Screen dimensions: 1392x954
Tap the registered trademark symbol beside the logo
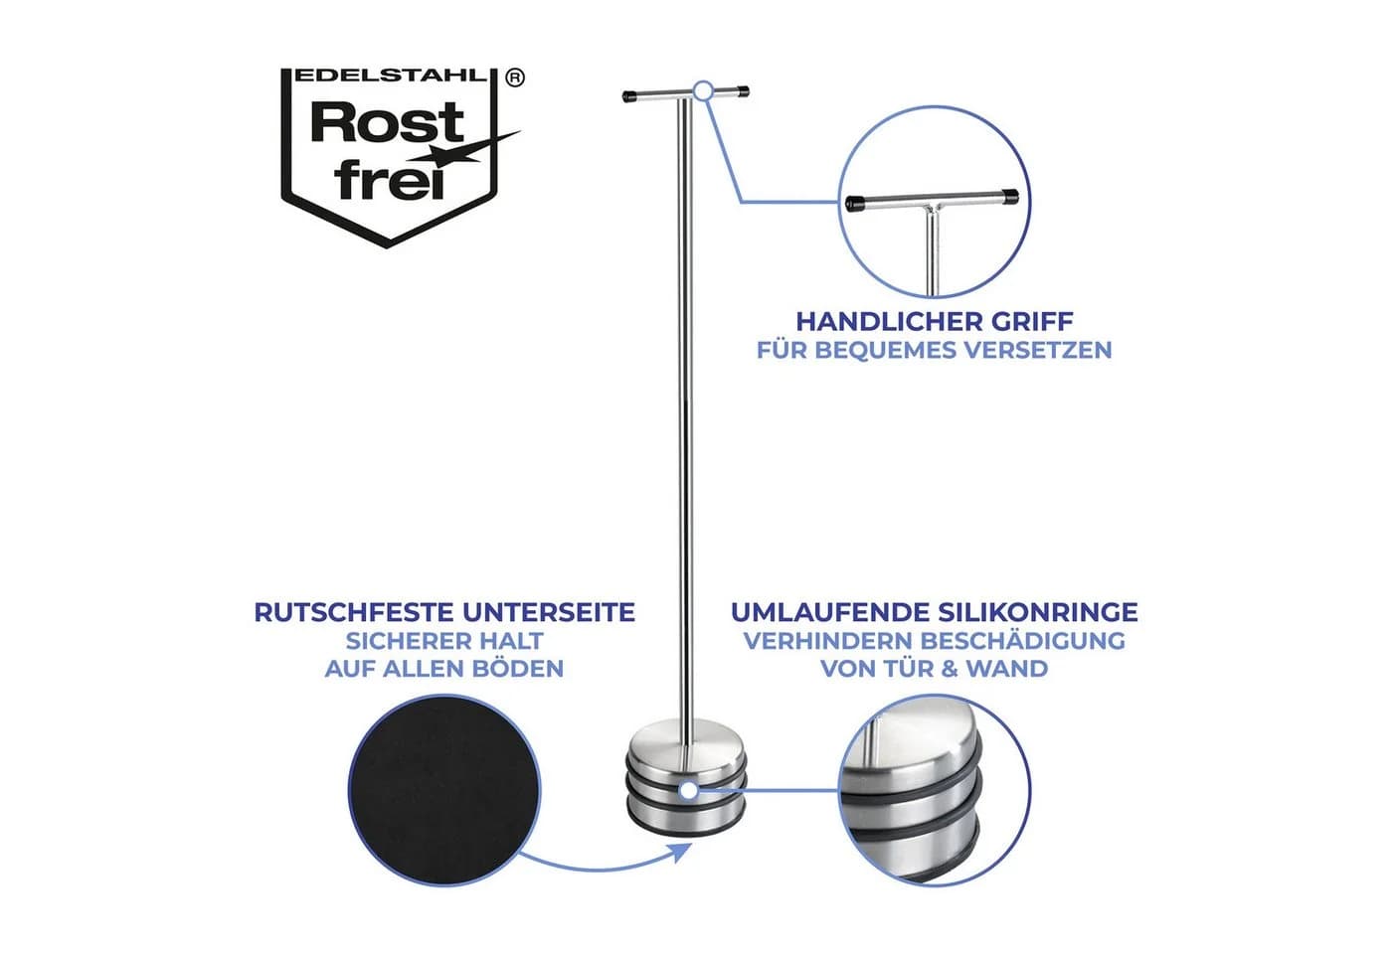tap(515, 78)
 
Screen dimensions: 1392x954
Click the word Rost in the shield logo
tap(387, 122)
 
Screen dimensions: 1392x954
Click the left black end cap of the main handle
tap(631, 96)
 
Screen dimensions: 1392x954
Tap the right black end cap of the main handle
tap(741, 92)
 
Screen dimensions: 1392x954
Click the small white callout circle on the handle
tap(703, 90)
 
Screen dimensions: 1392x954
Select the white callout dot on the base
tap(688, 791)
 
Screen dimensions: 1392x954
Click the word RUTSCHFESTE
tap(355, 612)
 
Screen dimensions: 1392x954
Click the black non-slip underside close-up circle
tap(444, 790)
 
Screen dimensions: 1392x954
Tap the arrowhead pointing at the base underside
tap(682, 853)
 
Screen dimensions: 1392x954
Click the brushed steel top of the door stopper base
tap(686, 740)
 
